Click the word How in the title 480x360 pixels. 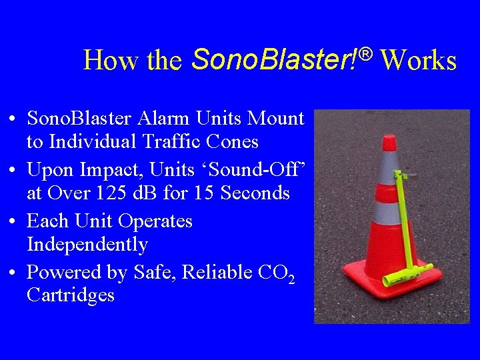(104, 61)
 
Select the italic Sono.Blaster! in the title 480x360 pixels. (275, 59)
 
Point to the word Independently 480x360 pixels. (87, 245)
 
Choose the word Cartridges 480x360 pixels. (71, 295)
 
